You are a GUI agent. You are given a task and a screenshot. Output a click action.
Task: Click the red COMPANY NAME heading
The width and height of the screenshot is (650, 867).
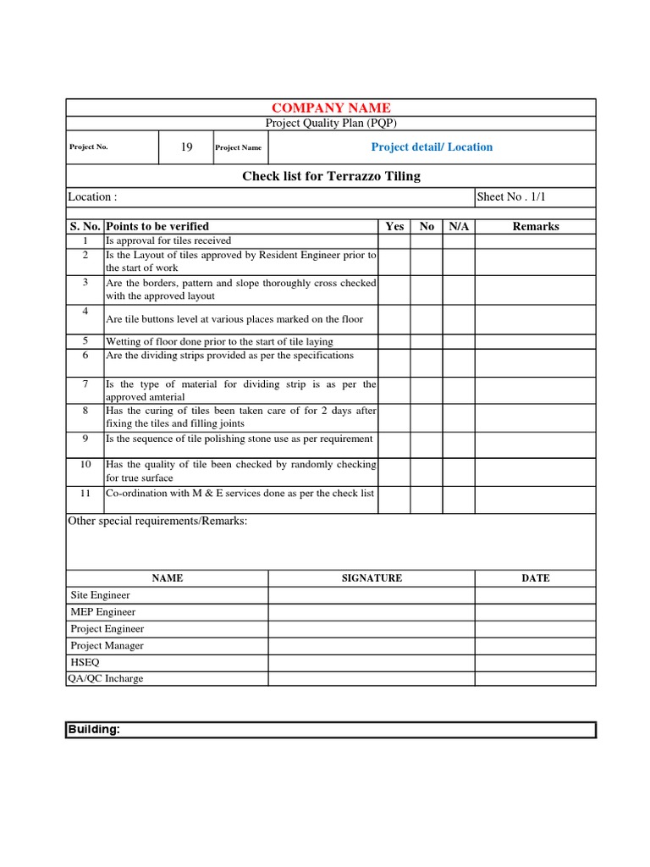[x=331, y=108]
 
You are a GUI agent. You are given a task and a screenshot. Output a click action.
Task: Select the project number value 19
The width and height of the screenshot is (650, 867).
[x=187, y=147]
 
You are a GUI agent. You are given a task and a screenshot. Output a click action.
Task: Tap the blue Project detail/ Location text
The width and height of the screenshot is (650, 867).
[x=432, y=147]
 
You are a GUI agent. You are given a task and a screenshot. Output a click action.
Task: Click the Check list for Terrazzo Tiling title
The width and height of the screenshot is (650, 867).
[x=331, y=176]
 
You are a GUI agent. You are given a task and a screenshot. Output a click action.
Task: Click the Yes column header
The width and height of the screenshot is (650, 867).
[x=394, y=226]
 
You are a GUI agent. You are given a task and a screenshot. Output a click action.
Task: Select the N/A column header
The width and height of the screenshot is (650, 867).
[x=459, y=226]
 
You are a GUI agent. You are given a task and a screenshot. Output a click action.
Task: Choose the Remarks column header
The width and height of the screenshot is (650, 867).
[x=536, y=226]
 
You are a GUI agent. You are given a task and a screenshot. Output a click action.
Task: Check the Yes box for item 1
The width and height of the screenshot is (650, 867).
[x=394, y=240]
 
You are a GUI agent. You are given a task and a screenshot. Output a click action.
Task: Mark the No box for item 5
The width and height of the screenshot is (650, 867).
[x=427, y=341]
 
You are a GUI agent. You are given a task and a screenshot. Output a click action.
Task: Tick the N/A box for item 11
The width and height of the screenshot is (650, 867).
[x=459, y=500]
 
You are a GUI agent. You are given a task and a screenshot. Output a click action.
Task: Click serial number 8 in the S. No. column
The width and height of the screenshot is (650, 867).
[x=85, y=411]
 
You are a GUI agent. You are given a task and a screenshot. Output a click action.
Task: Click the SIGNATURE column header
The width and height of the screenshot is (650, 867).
[x=372, y=578]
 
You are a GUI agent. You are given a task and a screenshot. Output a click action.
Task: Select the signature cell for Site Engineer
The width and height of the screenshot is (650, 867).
[x=372, y=595]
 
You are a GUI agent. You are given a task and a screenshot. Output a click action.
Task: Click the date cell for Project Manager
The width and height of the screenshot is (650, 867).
[x=536, y=645]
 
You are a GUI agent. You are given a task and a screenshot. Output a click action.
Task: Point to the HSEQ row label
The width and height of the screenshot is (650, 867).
[x=85, y=662]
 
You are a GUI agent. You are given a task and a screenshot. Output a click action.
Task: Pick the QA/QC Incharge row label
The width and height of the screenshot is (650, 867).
[x=106, y=678]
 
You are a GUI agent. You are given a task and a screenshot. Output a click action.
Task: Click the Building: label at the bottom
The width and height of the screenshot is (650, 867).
[x=94, y=730]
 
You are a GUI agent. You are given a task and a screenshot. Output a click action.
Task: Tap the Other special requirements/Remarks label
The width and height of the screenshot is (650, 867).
[x=157, y=522]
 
